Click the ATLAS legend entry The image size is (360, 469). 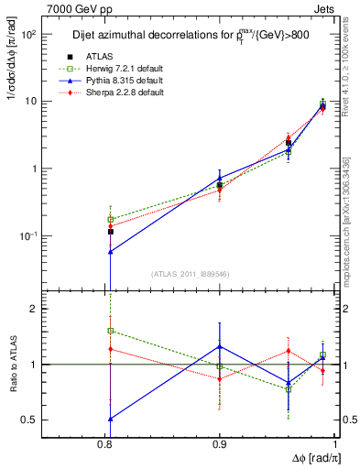(112, 57)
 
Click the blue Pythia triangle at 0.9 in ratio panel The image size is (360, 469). (220, 346)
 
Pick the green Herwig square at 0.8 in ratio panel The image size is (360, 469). (110, 331)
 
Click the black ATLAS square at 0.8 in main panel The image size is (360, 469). (110, 232)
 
